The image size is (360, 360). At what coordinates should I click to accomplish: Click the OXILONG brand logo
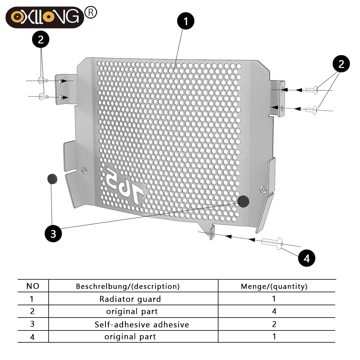click(45, 17)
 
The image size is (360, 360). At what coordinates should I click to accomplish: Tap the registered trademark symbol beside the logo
click(91, 12)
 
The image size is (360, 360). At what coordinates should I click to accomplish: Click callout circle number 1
click(185, 21)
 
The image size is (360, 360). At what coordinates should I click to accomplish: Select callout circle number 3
click(53, 234)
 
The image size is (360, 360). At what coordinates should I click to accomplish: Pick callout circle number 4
click(306, 258)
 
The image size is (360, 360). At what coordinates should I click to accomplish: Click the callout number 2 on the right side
click(341, 64)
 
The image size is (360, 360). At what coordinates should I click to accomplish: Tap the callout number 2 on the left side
click(41, 39)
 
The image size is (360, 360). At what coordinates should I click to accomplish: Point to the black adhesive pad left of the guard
click(52, 179)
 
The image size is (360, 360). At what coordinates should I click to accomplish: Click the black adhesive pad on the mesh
click(243, 201)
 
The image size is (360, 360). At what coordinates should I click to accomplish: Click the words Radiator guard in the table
click(130, 299)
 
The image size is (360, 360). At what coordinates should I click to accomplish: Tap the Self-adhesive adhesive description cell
click(142, 324)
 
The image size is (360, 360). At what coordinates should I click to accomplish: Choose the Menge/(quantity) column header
click(274, 286)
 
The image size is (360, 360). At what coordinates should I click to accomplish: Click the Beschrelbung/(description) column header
click(128, 286)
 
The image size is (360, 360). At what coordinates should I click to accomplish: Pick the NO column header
click(33, 286)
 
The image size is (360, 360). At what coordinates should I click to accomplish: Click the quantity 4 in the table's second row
click(274, 311)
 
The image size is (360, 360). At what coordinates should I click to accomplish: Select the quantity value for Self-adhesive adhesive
click(274, 324)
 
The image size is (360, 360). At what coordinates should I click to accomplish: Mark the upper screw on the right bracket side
click(311, 90)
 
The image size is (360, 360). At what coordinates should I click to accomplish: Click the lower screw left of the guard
click(43, 96)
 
